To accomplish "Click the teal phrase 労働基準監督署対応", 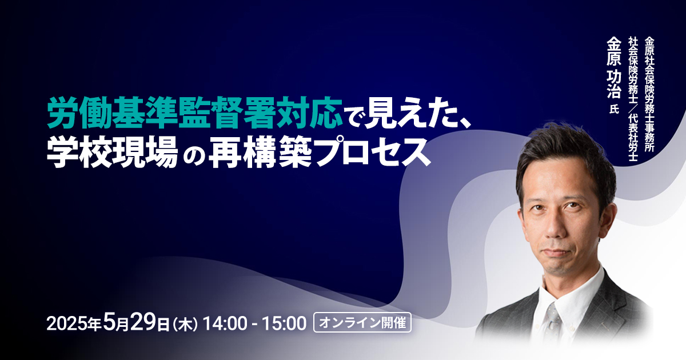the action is pyautogui.click(x=195, y=113).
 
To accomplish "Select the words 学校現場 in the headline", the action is pyautogui.click(x=113, y=152).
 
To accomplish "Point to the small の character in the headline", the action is pyautogui.click(x=194, y=155).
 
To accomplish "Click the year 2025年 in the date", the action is pyautogui.click(x=74, y=323).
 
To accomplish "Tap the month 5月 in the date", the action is pyautogui.click(x=115, y=322).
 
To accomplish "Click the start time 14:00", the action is pyautogui.click(x=225, y=323).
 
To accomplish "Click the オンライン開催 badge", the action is pyautogui.click(x=362, y=323).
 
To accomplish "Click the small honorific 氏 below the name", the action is pyautogui.click(x=614, y=109).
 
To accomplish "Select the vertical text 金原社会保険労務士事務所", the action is pyautogui.click(x=649, y=95).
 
